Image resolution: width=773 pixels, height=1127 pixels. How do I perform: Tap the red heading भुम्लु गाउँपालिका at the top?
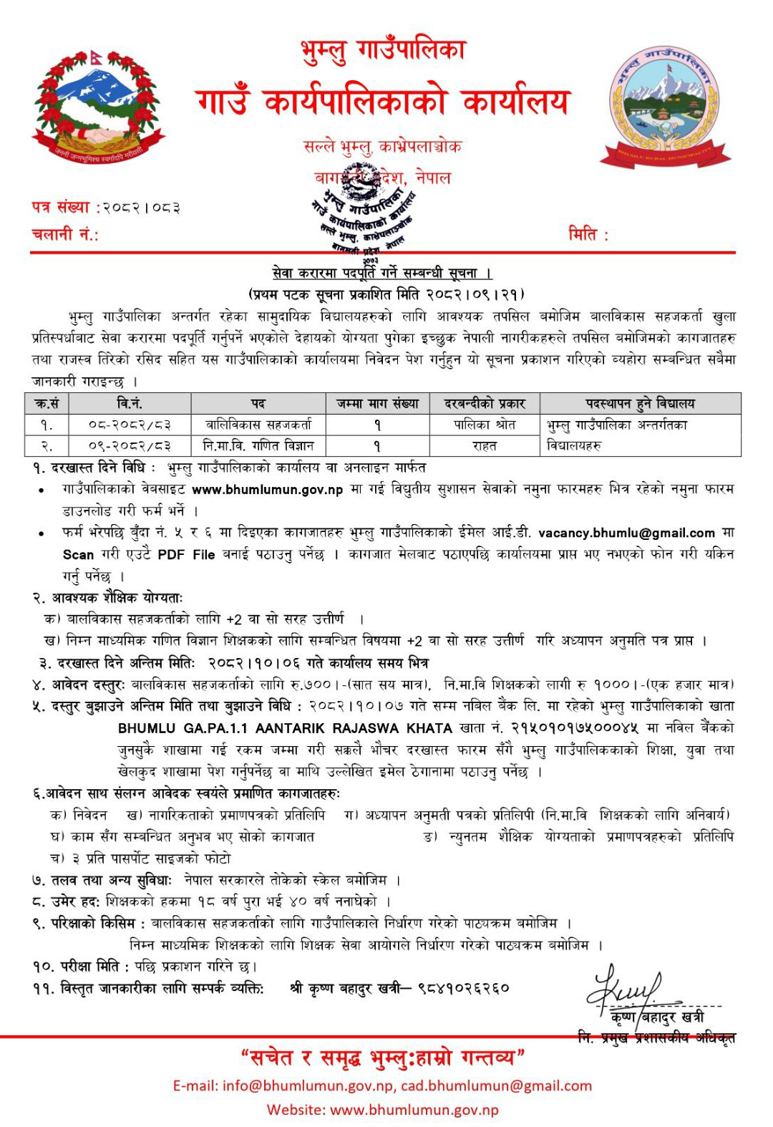384,50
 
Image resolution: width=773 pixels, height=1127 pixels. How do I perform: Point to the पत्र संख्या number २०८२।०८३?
141,208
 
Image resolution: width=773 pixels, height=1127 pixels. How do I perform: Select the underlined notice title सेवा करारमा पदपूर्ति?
382,274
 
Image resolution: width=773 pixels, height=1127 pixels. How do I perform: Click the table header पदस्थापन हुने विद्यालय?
640,403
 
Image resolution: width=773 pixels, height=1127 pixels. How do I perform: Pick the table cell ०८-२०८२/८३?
130,425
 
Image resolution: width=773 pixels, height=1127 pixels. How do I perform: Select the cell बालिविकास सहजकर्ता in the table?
258,425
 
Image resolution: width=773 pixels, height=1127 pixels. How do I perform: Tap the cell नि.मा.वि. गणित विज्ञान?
258,445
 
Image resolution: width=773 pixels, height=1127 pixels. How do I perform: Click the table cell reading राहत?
485,445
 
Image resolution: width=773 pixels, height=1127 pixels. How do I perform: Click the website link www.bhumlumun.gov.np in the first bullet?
268,490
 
